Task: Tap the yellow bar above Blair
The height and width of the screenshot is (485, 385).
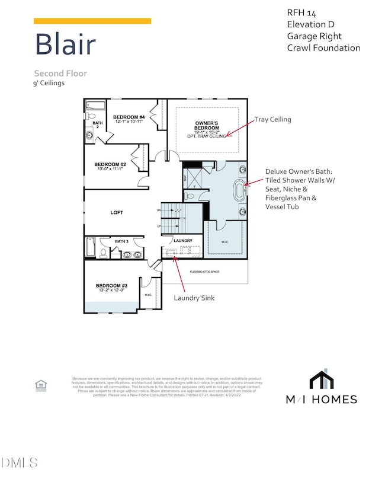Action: point(92,21)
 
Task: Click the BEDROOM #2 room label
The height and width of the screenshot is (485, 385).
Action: point(110,165)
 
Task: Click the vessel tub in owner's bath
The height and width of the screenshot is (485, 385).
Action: point(241,192)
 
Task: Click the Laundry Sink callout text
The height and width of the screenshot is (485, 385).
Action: point(195,298)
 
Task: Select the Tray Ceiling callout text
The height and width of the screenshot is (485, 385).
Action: point(272,119)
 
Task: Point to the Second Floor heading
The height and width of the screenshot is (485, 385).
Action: point(60,74)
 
